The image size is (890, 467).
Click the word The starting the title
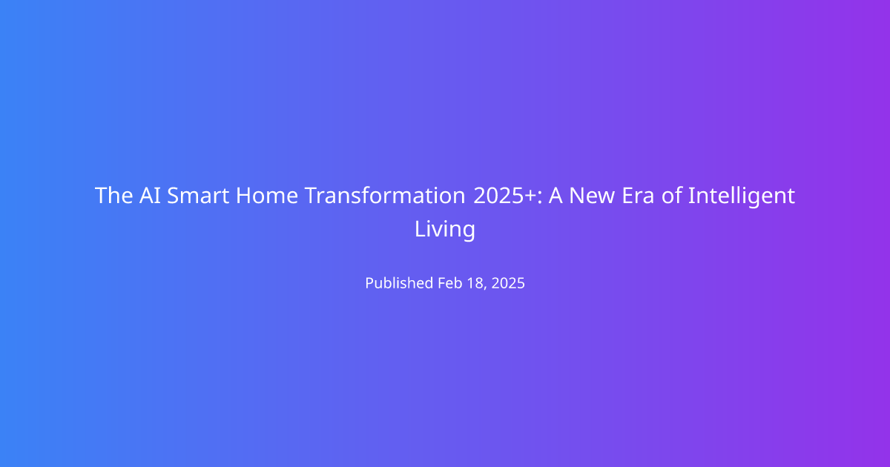[113, 196]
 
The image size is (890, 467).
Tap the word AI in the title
[150, 196]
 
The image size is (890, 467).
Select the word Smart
[198, 196]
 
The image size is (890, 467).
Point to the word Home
[266, 196]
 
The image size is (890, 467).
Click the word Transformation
[385, 196]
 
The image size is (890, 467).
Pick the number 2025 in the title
[499, 196]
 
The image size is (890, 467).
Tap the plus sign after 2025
[530, 196]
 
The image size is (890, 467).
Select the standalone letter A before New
[555, 196]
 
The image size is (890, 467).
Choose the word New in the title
[592, 196]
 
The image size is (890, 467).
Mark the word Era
[638, 196]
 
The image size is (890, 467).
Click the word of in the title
[671, 195]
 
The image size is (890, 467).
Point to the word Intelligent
[742, 196]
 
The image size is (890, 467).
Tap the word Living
[444, 230]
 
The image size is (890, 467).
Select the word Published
[399, 282]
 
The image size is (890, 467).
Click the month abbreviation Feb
[450, 282]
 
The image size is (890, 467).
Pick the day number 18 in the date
[475, 283]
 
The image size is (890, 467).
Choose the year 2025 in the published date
[508, 283]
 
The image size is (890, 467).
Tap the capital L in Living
[420, 229]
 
